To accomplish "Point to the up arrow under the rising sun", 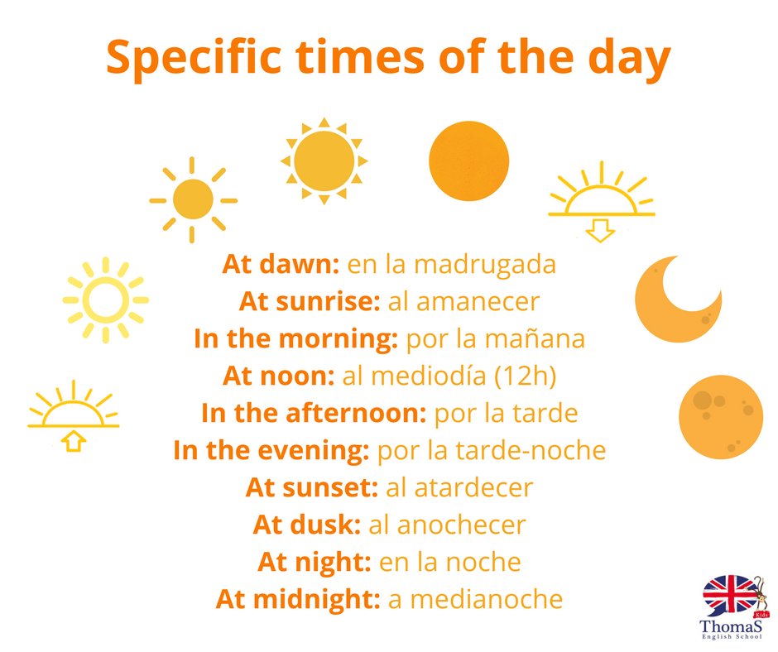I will click(x=74, y=442).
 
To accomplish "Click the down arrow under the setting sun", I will click(x=600, y=230).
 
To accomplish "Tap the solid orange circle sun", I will click(x=468, y=161).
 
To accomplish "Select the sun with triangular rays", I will click(x=324, y=160).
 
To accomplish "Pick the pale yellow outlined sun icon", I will click(x=105, y=299).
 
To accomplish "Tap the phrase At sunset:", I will click(x=312, y=487).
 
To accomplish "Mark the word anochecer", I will click(x=461, y=525).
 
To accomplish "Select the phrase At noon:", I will click(x=278, y=376).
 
